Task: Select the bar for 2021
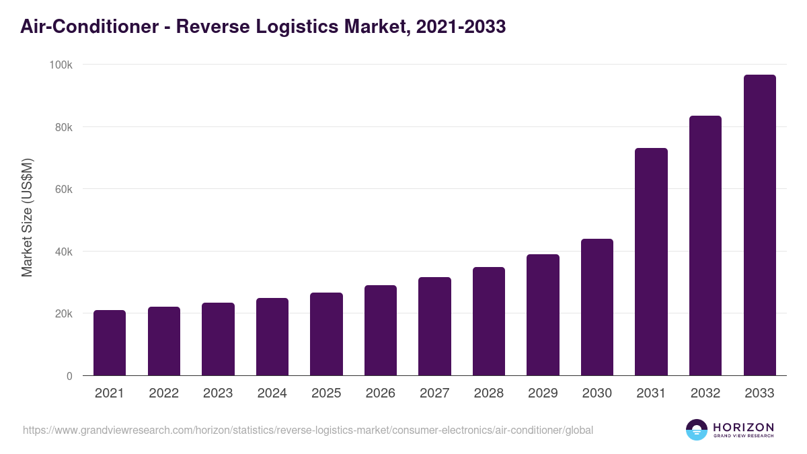(x=110, y=343)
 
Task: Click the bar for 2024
(x=272, y=337)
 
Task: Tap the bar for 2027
(x=434, y=326)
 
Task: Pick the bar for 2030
(x=597, y=307)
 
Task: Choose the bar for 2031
(x=651, y=262)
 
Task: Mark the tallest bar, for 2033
(x=759, y=225)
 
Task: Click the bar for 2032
(x=705, y=245)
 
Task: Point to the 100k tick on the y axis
(x=62, y=65)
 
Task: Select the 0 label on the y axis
(x=69, y=377)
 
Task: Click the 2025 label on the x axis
(x=326, y=393)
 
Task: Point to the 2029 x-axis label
(x=543, y=393)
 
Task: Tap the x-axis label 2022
(x=163, y=393)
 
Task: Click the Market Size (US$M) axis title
(x=27, y=217)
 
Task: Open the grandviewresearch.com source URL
(x=308, y=430)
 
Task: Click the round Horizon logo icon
(x=696, y=430)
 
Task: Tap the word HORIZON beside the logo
(x=742, y=426)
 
